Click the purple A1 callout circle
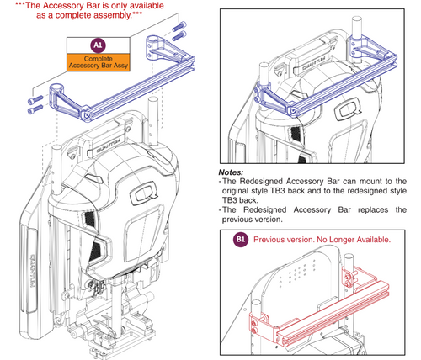[98, 45]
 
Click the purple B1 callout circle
[241, 239]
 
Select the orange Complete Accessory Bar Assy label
[99, 62]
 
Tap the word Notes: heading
[231, 172]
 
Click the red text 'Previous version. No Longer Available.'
[322, 240]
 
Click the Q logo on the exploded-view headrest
[143, 193]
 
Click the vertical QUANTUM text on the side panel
[31, 271]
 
